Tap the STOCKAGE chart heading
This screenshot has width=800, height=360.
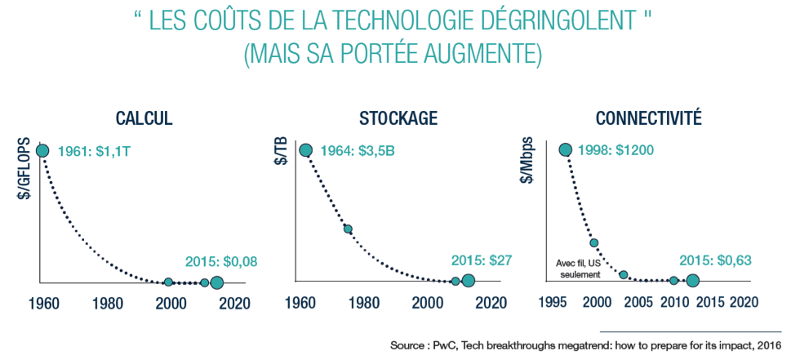point(398,118)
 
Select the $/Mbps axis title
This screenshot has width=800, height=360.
point(528,160)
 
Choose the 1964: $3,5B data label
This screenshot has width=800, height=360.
point(356,151)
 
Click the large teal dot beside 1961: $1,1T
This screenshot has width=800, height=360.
point(42,150)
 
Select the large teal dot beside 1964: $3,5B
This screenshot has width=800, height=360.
point(306,149)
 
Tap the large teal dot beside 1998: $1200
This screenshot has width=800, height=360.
point(564,149)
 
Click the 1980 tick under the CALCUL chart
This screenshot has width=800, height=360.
point(108,302)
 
